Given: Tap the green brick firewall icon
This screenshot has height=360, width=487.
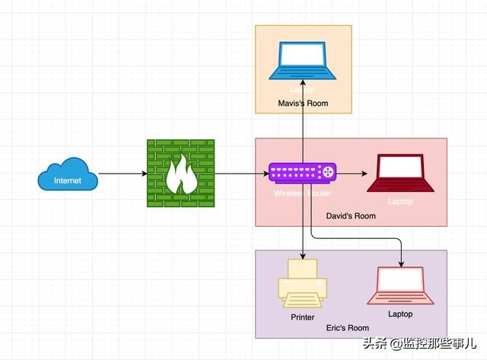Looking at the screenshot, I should click(180, 174).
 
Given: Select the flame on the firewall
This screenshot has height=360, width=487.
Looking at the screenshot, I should click(180, 177).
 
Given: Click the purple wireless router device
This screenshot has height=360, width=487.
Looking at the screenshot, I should click(303, 174).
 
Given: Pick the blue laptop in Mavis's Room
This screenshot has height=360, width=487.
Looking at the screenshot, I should click(303, 61).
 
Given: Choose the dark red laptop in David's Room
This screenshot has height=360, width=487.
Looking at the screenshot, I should click(400, 174).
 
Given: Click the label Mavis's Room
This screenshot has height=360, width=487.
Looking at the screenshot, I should click(303, 102).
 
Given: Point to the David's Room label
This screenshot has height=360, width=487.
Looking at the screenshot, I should click(351, 216).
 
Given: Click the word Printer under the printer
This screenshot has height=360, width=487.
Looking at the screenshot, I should click(302, 317).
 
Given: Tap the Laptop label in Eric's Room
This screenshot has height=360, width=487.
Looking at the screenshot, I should click(400, 314).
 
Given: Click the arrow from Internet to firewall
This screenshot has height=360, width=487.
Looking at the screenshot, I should click(122, 174).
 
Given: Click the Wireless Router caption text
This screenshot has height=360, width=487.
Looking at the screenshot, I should click(302, 193).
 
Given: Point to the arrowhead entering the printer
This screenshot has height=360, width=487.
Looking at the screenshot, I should click(303, 254).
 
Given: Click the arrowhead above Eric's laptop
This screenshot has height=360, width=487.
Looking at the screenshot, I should click(400, 263).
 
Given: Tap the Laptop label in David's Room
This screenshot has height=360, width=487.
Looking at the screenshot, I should click(400, 202).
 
